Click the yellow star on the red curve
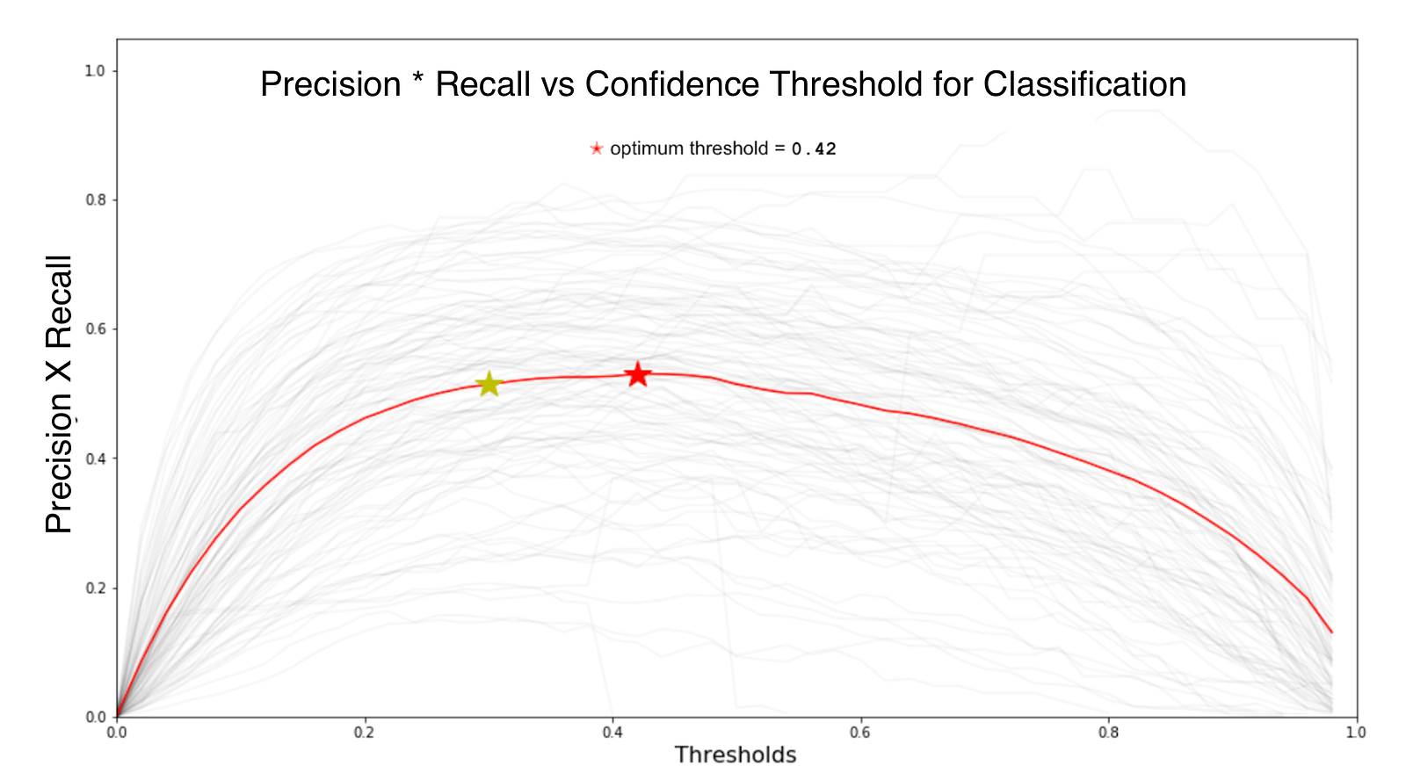489,384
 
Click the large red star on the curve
638,374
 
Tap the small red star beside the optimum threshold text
597,148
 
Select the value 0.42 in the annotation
814,149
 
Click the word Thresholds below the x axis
735,755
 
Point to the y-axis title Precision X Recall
59,394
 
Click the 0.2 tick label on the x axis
364,733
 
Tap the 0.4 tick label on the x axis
612,733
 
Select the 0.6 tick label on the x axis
860,733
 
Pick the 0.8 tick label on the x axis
1108,733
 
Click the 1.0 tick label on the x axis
1357,733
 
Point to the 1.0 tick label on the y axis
95,71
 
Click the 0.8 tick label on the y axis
95,200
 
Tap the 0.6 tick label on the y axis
95,329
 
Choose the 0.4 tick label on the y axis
95,459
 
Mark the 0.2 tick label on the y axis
95,588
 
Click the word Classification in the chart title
1084,84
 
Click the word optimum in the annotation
647,149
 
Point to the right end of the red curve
1332,632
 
